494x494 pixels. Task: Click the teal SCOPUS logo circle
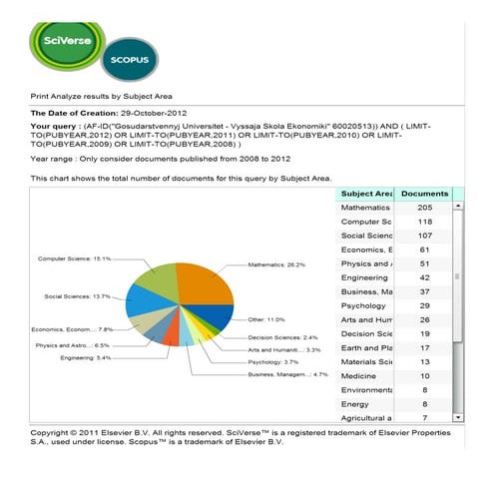[x=129, y=61]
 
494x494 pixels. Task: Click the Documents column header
[x=424, y=192]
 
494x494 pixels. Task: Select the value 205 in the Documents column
[x=424, y=207]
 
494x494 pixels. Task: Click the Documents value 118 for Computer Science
[x=424, y=221]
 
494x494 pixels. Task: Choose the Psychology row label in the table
[x=363, y=304]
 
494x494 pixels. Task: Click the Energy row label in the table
[x=355, y=403]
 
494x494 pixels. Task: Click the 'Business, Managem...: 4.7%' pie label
[x=287, y=375]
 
